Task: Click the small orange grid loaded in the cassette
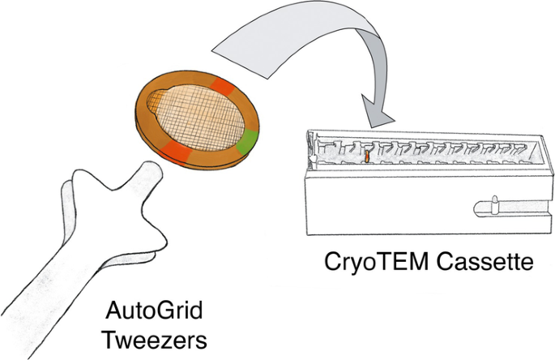click(x=366, y=156)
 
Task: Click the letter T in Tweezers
click(x=108, y=338)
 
